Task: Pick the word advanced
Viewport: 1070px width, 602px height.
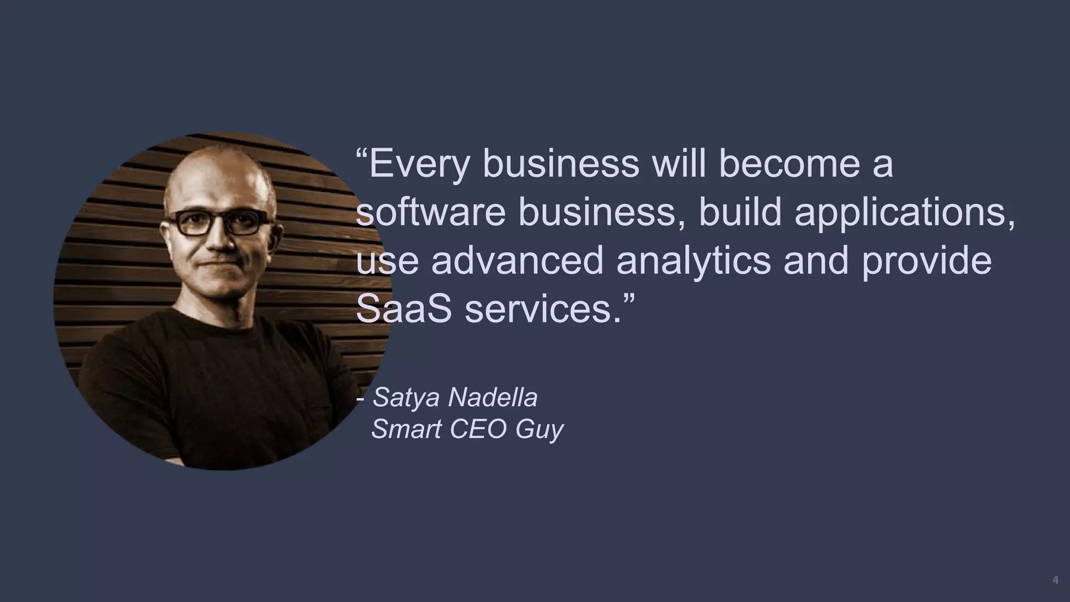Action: pyautogui.click(x=517, y=261)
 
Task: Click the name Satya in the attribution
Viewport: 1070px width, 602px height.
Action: pyautogui.click(x=406, y=398)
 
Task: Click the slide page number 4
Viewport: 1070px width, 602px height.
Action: pyautogui.click(x=1055, y=581)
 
